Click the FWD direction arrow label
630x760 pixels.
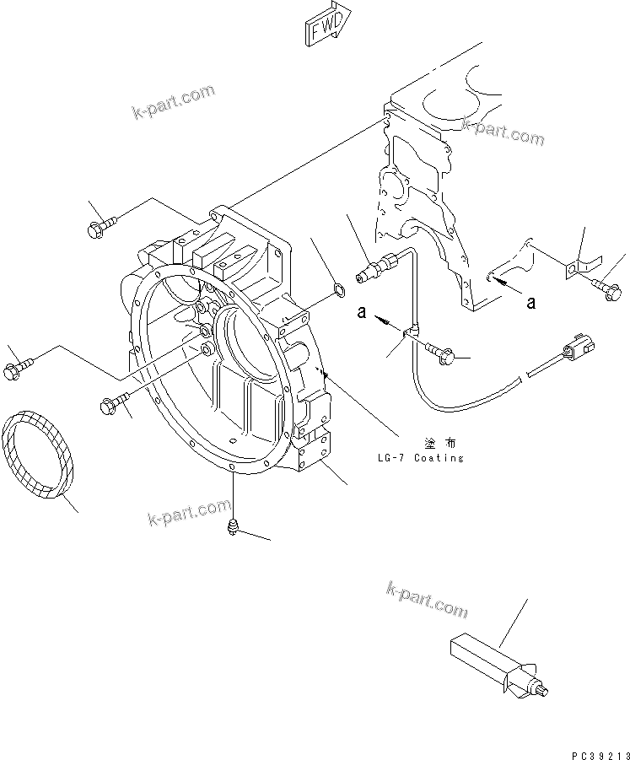[325, 24]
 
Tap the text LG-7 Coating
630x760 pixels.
[420, 457]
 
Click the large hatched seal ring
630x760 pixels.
[40, 455]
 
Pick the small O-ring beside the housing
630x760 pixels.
[337, 292]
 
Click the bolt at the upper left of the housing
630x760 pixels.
[99, 225]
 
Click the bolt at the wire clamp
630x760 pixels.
[448, 355]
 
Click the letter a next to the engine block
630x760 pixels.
[530, 300]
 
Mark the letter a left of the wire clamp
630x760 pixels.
[360, 312]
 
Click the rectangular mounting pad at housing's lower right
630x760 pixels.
[315, 451]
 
